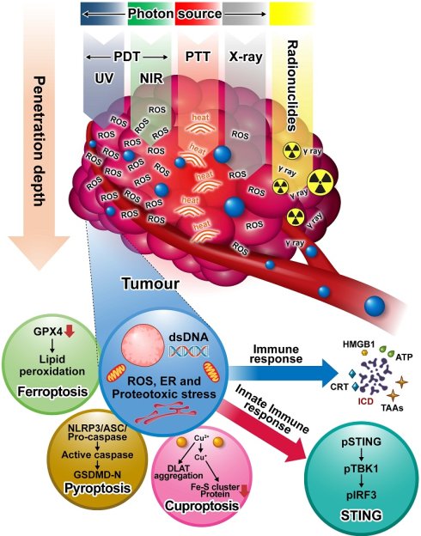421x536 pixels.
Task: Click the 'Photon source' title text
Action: point(174,14)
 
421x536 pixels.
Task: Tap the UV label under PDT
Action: point(104,79)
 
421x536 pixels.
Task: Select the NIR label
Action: point(151,79)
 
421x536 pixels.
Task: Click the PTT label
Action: point(198,57)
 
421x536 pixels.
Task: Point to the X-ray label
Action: point(245,57)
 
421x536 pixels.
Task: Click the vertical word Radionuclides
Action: point(292,86)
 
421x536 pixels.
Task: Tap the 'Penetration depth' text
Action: point(40,141)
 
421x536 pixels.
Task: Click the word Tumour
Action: point(150,283)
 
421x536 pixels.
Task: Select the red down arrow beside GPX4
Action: point(69,331)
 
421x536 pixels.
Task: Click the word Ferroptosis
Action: point(52,392)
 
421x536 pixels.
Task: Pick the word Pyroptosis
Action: point(97,488)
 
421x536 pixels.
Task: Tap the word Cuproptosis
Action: point(202,506)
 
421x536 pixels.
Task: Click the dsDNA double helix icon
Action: point(188,350)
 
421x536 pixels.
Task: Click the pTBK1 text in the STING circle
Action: point(361,469)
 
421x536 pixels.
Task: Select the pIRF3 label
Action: point(361,494)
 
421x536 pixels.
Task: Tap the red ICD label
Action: point(365,400)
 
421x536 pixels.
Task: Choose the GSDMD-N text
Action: point(97,474)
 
